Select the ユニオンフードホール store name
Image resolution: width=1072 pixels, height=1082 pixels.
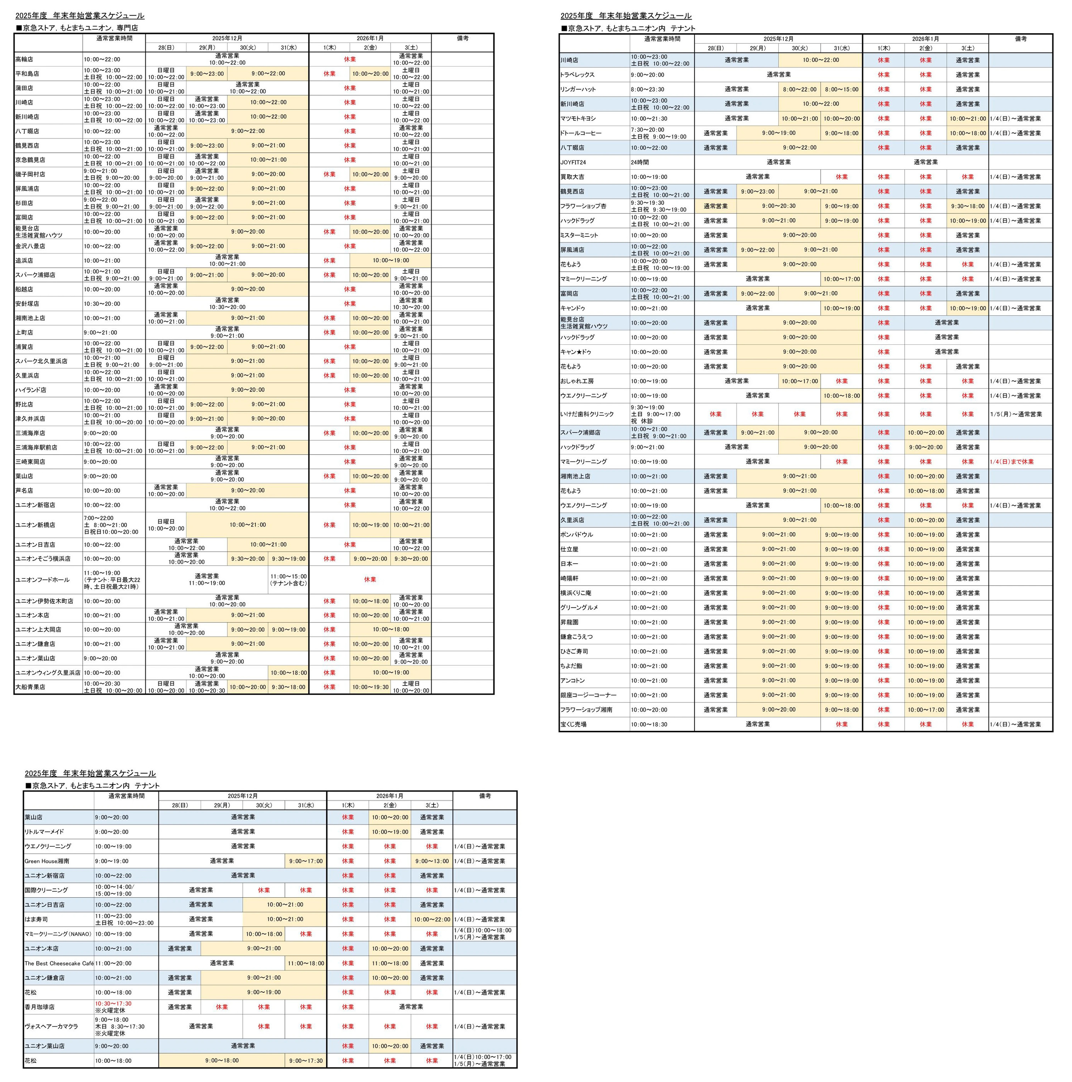pyautogui.click(x=43, y=580)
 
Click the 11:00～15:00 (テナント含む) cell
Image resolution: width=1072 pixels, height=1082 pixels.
pyautogui.click(x=288, y=580)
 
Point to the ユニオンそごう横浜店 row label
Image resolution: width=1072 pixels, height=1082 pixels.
pyautogui.click(x=43, y=559)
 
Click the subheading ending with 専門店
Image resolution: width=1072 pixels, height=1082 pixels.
pyautogui.click(x=77, y=27)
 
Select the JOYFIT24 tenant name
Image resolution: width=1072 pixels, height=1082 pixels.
pyautogui.click(x=573, y=162)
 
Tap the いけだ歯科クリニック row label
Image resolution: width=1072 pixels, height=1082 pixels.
pyautogui.click(x=587, y=414)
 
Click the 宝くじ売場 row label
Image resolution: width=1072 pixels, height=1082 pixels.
pyautogui.click(x=573, y=725)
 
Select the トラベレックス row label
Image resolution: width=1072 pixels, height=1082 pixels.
pyautogui.click(x=577, y=75)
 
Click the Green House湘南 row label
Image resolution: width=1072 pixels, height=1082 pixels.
pyautogui.click(x=47, y=861)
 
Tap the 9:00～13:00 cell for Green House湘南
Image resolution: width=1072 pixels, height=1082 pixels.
pyautogui.click(x=432, y=861)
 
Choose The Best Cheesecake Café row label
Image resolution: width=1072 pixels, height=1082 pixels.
pyautogui.click(x=59, y=963)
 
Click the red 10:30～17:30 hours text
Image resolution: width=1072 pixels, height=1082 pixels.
pyautogui.click(x=113, y=1004)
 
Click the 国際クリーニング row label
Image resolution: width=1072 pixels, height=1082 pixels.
pyautogui.click(x=46, y=890)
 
